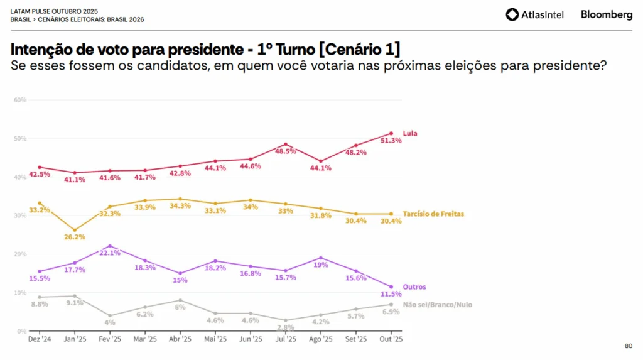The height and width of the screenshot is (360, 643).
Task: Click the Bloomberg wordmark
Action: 606,14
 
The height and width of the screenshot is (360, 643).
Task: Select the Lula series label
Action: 410,133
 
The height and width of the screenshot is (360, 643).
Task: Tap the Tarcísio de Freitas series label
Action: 433,214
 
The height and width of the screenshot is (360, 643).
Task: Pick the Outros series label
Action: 414,287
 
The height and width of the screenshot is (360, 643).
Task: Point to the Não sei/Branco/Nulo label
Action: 436,305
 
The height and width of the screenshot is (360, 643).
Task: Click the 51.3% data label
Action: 391,141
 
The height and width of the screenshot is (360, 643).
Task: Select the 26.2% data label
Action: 75,237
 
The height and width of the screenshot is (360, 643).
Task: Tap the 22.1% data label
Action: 110,253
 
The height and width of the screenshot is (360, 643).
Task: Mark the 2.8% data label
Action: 286,328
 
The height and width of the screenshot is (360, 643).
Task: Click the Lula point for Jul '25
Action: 286,145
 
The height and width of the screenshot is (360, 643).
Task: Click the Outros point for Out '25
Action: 391,286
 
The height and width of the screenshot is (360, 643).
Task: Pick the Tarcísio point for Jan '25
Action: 75,230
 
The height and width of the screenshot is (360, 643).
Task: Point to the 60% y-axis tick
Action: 19,100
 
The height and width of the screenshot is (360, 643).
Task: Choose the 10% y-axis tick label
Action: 19,293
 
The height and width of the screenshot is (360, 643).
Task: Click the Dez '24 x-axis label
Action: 39,339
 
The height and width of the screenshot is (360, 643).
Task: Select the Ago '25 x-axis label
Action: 321,339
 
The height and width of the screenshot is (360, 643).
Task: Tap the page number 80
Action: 629,346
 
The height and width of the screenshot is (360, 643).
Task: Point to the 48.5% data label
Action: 286,151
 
